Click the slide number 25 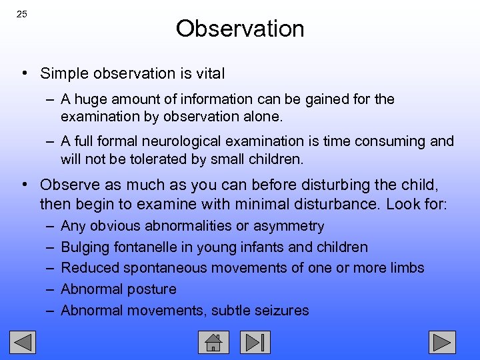pos(21,14)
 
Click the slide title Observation pos(240,29)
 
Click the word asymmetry pos(291,226)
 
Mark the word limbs pos(406,268)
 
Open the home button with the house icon pos(213,342)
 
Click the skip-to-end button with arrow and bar pos(255,342)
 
